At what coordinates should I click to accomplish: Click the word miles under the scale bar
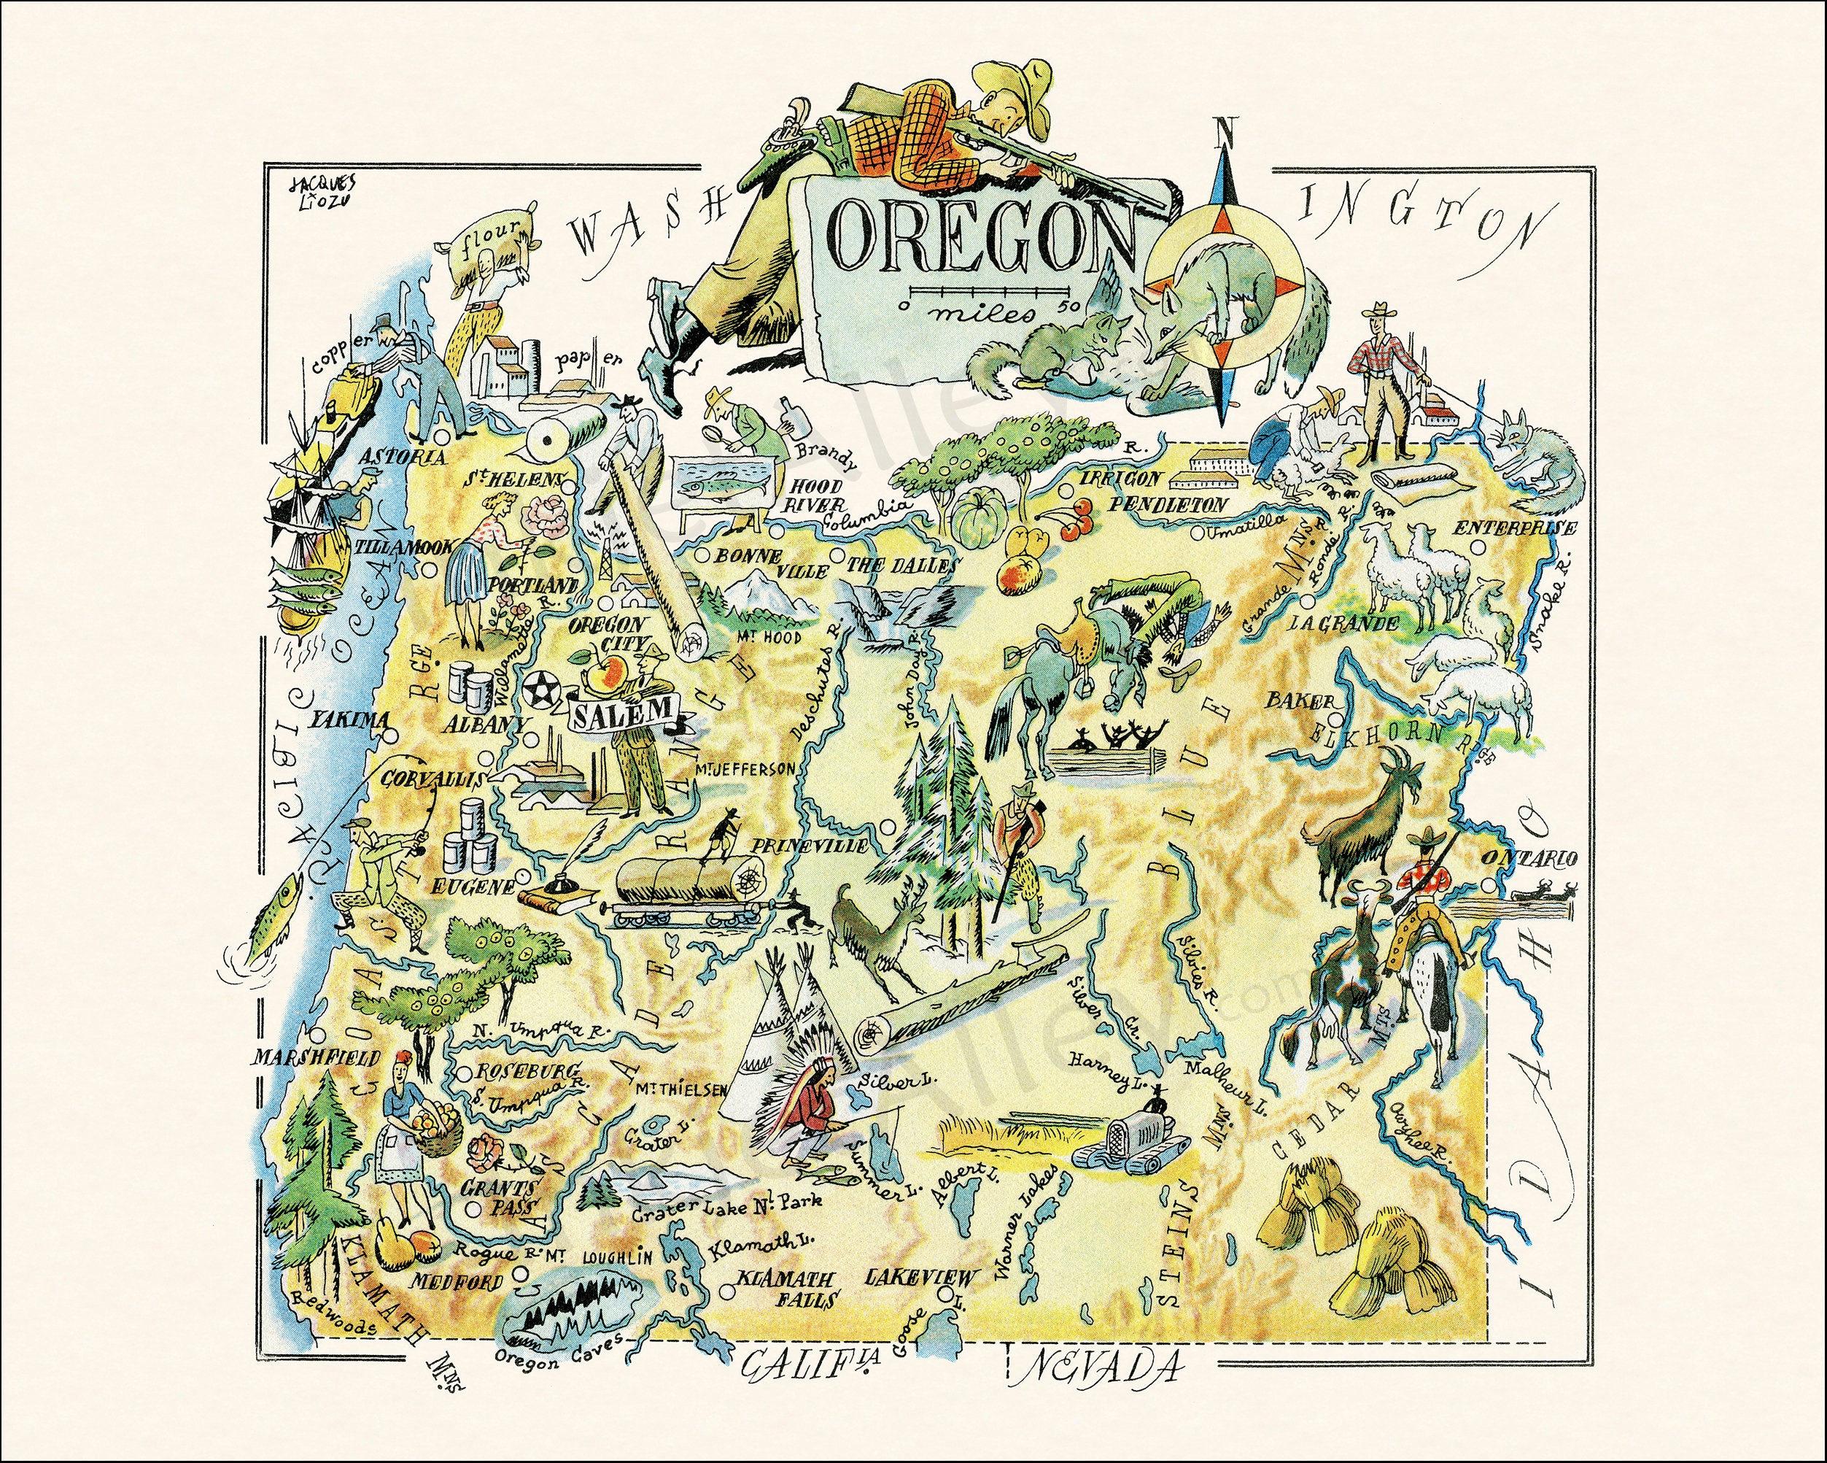click(983, 317)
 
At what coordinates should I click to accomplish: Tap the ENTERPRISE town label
click(1515, 528)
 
